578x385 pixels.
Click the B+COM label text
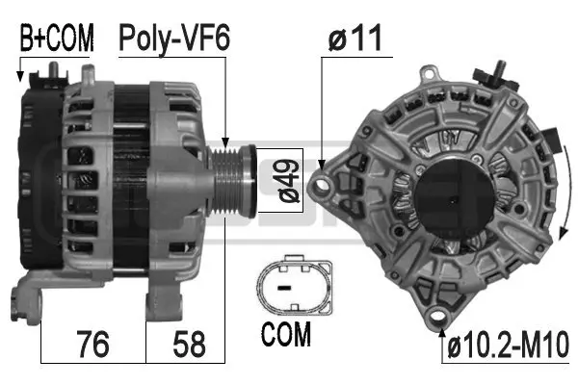pyautogui.click(x=57, y=38)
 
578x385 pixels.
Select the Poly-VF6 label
pyautogui.click(x=174, y=38)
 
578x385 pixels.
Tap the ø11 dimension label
pyautogui.click(x=355, y=38)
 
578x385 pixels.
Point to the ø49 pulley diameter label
pyautogui.click(x=289, y=181)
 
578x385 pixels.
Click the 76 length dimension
pyautogui.click(x=92, y=344)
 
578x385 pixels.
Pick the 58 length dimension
pyautogui.click(x=189, y=344)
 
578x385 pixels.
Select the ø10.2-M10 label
pyautogui.click(x=509, y=345)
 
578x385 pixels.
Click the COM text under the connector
pyautogui.click(x=286, y=334)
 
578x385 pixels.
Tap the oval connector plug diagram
pyautogui.click(x=295, y=284)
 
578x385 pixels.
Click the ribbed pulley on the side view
pyautogui.click(x=232, y=181)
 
